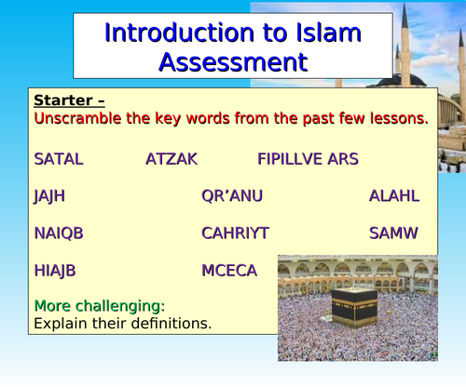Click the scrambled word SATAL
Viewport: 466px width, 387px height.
pos(58,159)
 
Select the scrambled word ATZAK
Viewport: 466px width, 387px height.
pos(171,159)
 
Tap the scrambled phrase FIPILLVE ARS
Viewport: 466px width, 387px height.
pos(308,159)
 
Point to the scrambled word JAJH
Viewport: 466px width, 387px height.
pos(49,196)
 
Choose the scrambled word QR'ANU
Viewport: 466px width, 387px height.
pos(232,196)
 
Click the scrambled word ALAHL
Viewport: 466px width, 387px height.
pos(394,196)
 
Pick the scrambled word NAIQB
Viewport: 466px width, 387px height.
pos(58,234)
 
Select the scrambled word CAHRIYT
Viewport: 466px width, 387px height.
pos(235,234)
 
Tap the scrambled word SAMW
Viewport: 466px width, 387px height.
pos(393,234)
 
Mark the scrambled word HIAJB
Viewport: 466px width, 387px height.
pos(55,271)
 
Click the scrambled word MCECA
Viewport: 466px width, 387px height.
pos(229,271)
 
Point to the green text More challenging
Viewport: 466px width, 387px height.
pos(100,306)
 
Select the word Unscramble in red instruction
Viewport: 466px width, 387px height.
pos(79,118)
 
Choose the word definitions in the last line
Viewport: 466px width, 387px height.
pos(168,324)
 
